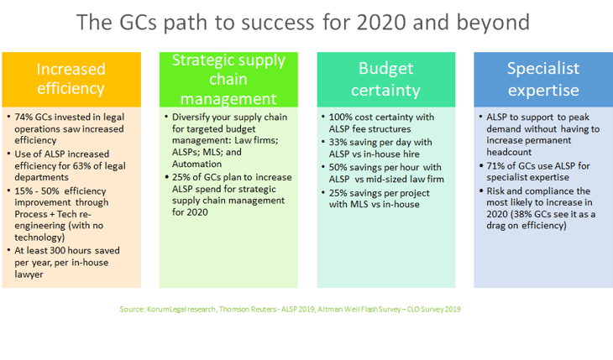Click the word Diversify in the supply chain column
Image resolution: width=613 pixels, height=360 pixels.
(192, 117)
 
